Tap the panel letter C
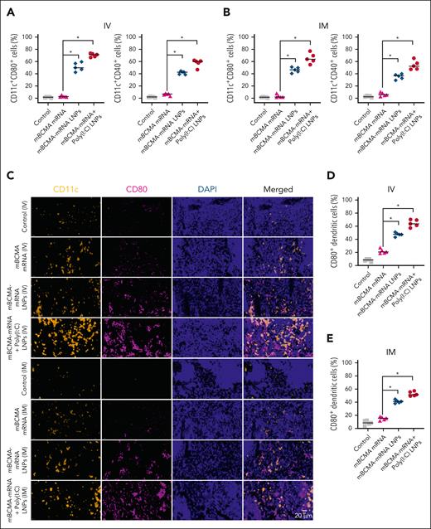[7, 175]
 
